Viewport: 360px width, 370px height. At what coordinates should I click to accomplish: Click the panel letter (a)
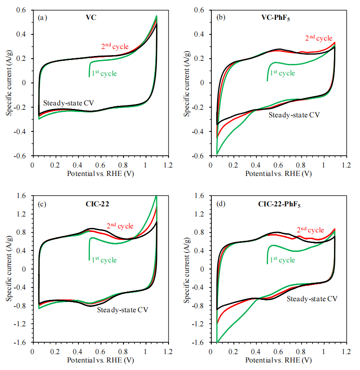[x=43, y=18]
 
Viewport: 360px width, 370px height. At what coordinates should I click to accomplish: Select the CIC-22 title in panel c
[x=97, y=204]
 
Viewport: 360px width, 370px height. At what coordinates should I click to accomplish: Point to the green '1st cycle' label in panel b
[x=282, y=72]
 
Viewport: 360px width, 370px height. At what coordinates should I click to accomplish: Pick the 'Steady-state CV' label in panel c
[x=122, y=310]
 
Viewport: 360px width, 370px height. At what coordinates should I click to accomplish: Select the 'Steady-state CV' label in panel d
[x=312, y=299]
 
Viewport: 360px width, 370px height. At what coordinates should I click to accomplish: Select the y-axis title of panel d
[x=188, y=269]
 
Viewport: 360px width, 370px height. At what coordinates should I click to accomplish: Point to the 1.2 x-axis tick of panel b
[x=346, y=164]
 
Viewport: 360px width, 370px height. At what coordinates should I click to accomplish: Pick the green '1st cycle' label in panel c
[x=104, y=260]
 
